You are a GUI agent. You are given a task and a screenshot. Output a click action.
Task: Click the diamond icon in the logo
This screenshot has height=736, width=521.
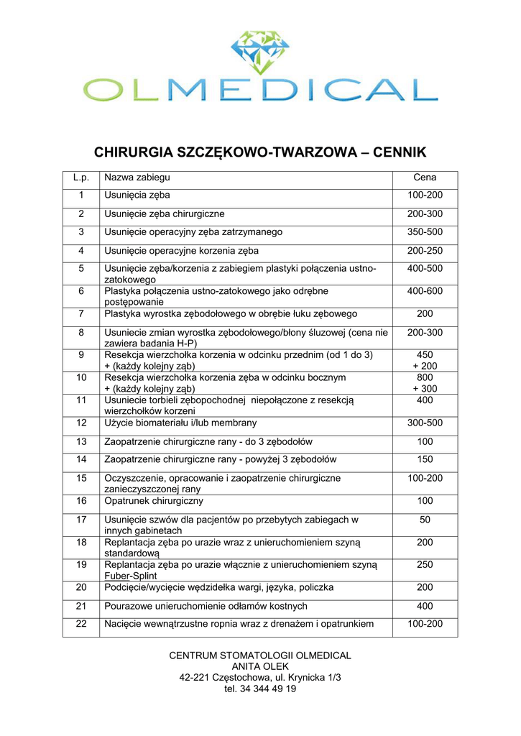259,52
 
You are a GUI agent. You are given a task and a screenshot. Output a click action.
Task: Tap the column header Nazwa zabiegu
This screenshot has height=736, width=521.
137,178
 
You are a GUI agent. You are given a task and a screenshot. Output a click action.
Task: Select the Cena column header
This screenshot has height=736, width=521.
425,178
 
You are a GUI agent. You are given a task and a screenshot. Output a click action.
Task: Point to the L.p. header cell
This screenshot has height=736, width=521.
81,178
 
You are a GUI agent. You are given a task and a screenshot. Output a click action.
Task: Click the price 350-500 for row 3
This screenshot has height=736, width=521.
425,232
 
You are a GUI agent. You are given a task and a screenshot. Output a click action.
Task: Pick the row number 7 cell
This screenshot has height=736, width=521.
81,314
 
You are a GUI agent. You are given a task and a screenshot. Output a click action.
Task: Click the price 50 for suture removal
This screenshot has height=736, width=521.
425,519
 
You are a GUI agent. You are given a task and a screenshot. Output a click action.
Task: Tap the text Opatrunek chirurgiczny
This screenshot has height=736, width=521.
154,500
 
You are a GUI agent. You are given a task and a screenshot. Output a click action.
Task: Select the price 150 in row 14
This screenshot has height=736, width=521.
425,459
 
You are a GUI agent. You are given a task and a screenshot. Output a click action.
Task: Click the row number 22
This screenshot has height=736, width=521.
81,624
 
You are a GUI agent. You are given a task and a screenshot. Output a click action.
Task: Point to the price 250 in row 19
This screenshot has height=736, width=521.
425,565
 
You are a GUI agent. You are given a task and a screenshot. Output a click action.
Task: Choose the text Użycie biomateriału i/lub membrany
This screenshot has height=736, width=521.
180,423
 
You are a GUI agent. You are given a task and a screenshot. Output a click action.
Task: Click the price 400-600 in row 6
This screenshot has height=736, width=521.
425,291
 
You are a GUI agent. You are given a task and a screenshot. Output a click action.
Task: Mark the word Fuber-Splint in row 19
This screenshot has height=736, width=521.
131,576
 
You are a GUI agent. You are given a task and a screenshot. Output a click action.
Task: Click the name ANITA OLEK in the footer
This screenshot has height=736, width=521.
260,666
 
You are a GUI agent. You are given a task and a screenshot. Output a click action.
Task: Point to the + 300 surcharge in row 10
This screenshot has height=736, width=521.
425,388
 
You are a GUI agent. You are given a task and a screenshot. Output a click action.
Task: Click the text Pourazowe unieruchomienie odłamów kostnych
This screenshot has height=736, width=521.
206,606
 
